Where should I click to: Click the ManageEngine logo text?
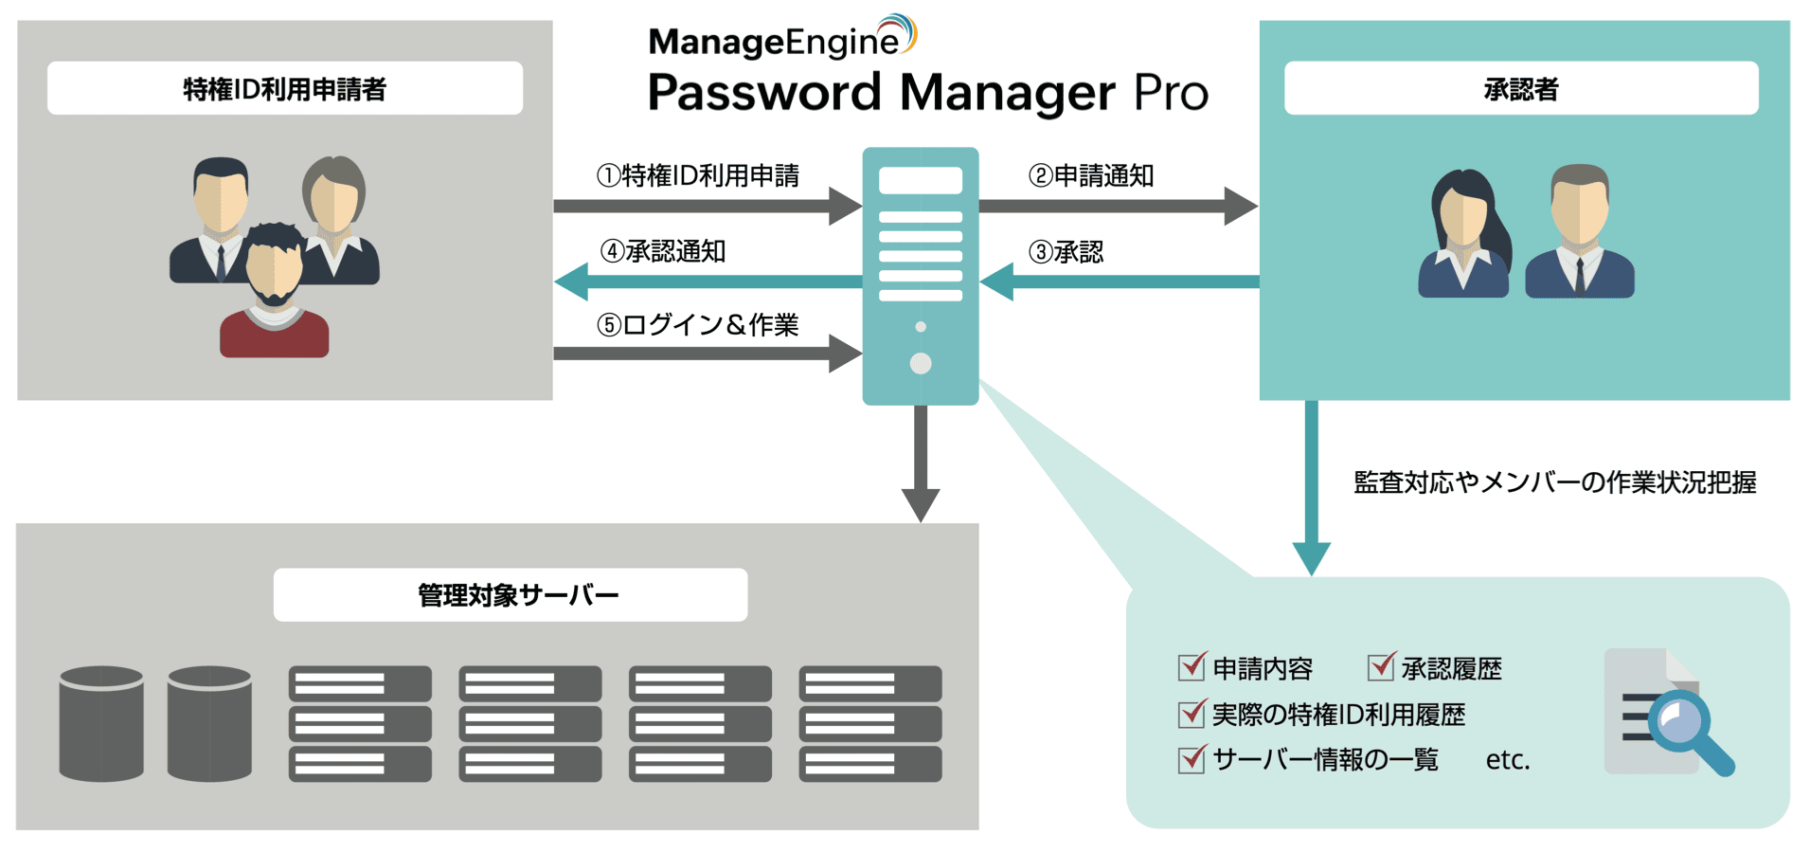point(774,42)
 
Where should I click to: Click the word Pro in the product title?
point(1170,93)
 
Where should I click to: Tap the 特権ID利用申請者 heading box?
point(284,89)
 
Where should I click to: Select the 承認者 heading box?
point(1520,89)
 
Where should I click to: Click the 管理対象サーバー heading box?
point(510,595)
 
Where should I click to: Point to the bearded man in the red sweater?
point(275,294)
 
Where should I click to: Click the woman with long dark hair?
point(1463,232)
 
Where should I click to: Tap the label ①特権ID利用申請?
point(698,175)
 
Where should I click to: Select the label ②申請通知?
point(1090,175)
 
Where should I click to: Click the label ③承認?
point(1066,252)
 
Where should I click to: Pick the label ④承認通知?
point(663,251)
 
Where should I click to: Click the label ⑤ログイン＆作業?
point(698,325)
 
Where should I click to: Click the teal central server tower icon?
point(920,275)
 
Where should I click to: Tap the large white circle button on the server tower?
point(920,363)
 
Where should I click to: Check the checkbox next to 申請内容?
point(1191,667)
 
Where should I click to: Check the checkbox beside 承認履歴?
point(1381,667)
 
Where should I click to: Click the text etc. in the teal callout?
point(1507,760)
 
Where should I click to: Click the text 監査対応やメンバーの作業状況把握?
point(1554,482)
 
